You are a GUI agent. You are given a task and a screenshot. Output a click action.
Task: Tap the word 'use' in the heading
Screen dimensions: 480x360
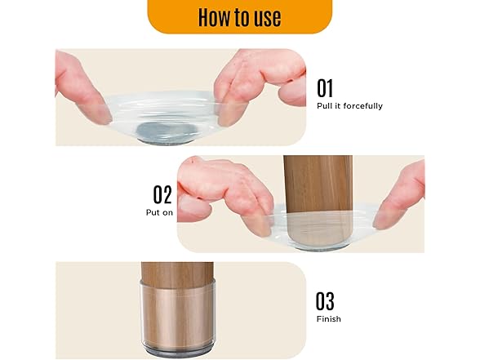coord(267,17)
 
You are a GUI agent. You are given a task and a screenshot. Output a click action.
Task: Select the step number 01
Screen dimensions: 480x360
coord(325,88)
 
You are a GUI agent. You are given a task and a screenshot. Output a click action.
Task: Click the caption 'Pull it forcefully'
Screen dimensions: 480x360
coord(349,106)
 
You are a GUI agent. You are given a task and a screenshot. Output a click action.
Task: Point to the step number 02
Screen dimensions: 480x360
coord(162,194)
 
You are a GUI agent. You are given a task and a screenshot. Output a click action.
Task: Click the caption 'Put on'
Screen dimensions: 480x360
coord(159,212)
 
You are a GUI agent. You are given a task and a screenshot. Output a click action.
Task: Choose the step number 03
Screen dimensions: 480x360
coord(325,301)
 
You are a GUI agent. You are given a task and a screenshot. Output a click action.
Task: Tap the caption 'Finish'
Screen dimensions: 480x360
coord(328,319)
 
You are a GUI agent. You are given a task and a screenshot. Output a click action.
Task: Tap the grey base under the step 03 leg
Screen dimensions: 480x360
coord(178,353)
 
